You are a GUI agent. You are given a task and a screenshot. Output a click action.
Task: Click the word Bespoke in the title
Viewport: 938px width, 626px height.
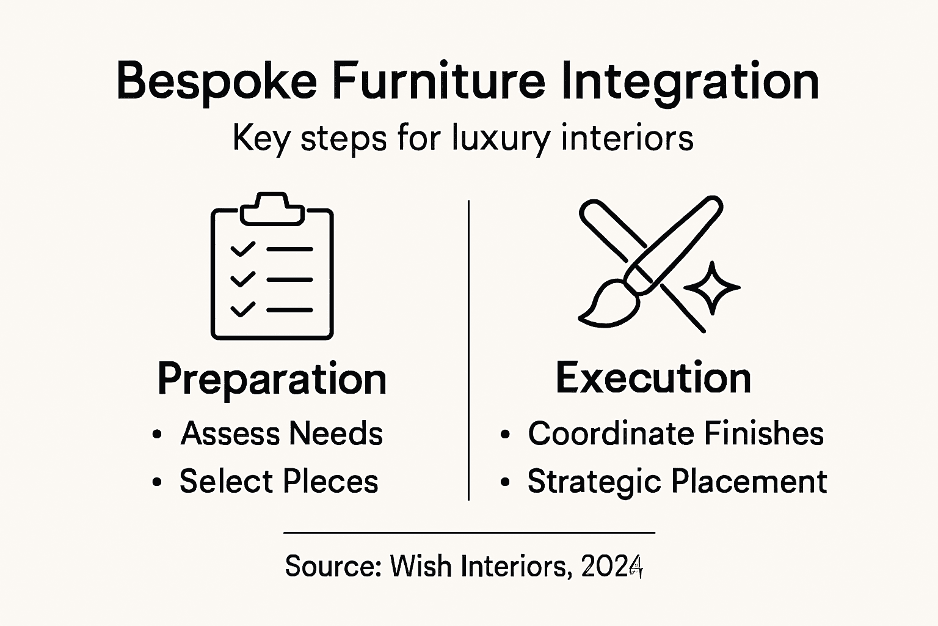click(x=217, y=81)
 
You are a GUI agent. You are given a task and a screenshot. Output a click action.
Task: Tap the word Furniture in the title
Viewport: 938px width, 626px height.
click(x=439, y=81)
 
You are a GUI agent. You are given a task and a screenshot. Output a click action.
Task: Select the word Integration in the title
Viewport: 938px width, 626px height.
click(x=689, y=83)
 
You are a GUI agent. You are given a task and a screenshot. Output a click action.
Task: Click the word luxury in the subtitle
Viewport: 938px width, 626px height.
click(x=501, y=139)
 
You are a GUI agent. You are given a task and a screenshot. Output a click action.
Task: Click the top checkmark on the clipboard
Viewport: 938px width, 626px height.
click(x=242, y=249)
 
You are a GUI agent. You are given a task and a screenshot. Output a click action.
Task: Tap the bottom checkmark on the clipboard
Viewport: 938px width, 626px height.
click(x=242, y=309)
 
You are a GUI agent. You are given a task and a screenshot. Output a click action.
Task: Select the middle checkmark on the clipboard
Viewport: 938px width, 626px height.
click(x=242, y=279)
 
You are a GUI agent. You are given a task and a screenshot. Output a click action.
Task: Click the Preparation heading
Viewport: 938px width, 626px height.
click(x=272, y=380)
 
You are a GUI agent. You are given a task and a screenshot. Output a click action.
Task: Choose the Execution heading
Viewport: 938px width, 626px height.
click(x=653, y=378)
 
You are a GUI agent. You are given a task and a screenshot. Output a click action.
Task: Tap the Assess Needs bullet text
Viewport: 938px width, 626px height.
click(x=282, y=433)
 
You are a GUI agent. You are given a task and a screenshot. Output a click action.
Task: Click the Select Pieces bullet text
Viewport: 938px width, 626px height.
click(x=278, y=481)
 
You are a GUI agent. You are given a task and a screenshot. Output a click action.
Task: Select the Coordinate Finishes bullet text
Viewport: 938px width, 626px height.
click(x=675, y=433)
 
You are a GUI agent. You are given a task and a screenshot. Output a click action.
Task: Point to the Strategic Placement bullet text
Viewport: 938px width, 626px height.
click(x=677, y=481)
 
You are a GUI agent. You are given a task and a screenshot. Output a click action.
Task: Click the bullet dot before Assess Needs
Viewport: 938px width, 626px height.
click(x=157, y=435)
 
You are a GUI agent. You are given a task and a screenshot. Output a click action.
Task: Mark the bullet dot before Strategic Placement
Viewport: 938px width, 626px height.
click(x=504, y=482)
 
